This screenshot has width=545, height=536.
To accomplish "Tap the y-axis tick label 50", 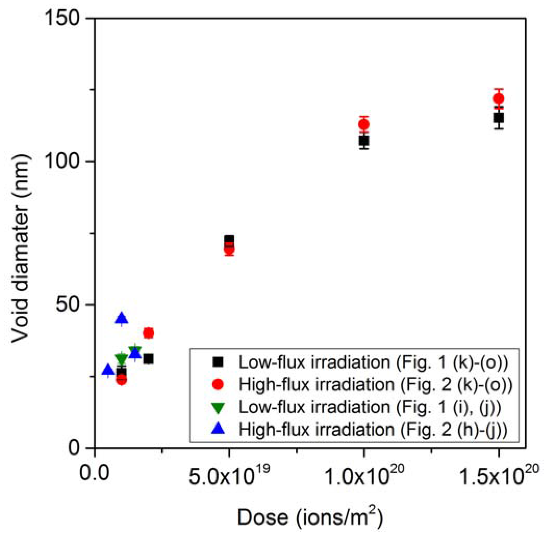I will [x=68, y=305].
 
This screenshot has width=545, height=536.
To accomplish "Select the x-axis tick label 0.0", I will [x=94, y=473].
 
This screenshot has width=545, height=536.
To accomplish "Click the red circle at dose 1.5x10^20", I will [x=498, y=98].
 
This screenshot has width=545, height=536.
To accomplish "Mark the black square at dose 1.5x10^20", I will [x=499, y=118].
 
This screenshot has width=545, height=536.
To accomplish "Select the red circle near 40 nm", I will [x=149, y=333].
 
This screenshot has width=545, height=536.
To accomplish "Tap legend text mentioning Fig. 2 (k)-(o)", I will [x=375, y=385].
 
